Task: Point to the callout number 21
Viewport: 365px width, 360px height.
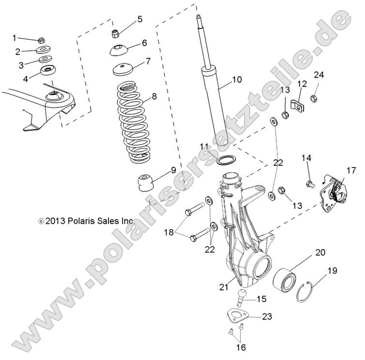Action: [223, 287]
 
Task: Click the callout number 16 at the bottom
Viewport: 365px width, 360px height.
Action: [241, 347]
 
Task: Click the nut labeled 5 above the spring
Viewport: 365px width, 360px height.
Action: [115, 33]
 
